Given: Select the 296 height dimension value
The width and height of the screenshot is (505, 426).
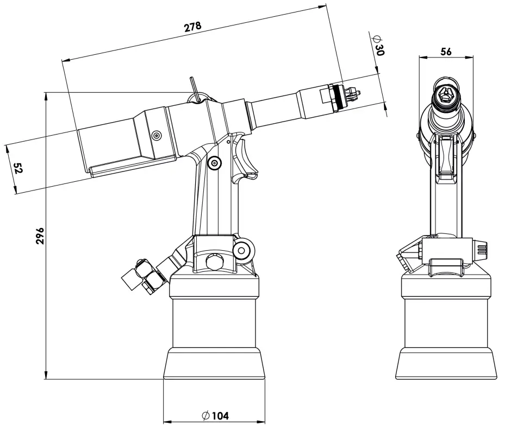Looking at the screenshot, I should pos(40,236).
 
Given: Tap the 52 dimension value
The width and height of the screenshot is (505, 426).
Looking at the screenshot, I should pos(17,169).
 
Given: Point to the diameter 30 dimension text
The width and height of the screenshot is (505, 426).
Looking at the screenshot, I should pos(379,45).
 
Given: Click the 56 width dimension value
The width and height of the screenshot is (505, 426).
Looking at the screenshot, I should pos(446,52).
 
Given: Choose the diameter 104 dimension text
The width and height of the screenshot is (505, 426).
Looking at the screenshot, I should pos(215,416).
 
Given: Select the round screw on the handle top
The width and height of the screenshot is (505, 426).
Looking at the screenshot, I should pos(215,162).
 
